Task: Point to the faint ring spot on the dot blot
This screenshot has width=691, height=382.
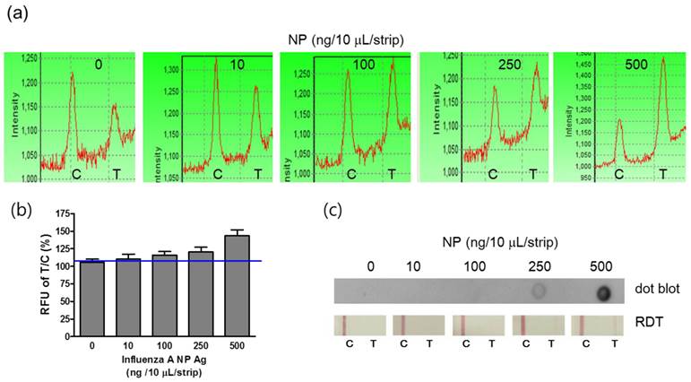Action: [x=539, y=291]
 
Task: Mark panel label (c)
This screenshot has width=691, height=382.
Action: [x=334, y=212]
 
